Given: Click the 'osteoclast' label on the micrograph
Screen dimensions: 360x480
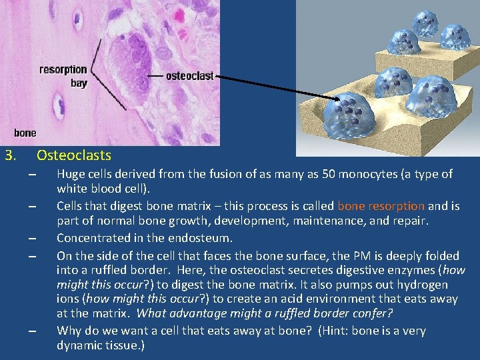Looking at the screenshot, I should [x=189, y=76].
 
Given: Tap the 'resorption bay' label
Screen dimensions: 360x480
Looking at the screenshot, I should [x=63, y=76].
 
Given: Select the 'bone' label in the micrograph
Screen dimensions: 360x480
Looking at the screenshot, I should [x=25, y=133].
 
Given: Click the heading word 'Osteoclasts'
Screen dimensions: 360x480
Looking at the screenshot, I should [x=74, y=155].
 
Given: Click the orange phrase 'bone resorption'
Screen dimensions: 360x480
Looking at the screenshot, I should [x=381, y=206].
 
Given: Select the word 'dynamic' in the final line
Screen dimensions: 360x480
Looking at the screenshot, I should [x=80, y=346].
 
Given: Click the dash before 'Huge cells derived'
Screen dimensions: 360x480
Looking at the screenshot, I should [x=31, y=175].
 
